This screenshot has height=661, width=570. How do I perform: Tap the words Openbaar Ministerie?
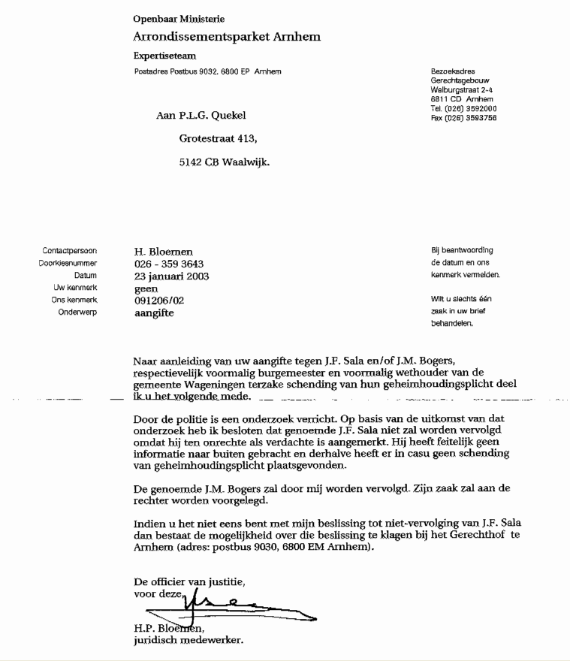[x=179, y=19]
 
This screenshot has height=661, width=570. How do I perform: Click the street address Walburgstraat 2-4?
[x=462, y=90]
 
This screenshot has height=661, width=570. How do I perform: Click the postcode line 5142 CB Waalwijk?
[x=225, y=161]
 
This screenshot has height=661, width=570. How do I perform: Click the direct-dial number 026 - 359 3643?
[x=168, y=264]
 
